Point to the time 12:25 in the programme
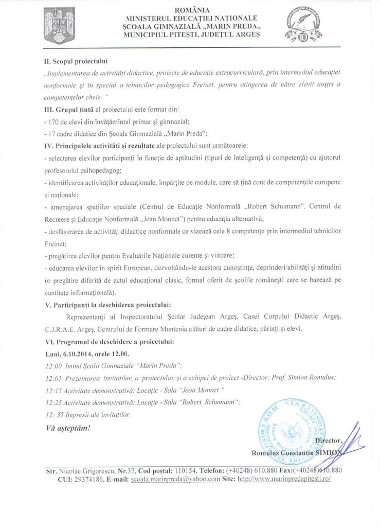click(x=53, y=402)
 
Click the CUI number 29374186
click(x=80, y=478)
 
